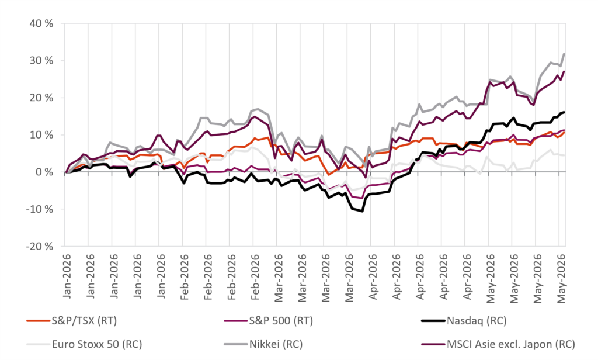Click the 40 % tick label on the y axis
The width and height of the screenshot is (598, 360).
click(x=41, y=24)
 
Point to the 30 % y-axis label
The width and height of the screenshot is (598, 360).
click(x=41, y=61)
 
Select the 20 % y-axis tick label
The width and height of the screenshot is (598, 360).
click(x=41, y=98)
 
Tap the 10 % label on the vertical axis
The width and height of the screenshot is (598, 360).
click(x=41, y=135)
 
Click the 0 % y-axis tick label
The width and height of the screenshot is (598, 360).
click(x=44, y=172)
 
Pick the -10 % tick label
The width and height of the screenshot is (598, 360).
click(x=40, y=209)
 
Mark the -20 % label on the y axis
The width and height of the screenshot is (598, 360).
click(x=40, y=247)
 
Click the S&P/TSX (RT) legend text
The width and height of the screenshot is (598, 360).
click(x=84, y=321)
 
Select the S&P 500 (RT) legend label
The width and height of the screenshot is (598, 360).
click(x=281, y=321)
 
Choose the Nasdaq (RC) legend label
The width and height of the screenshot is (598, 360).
click(x=477, y=321)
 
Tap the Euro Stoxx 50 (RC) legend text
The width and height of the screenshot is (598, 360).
click(x=97, y=344)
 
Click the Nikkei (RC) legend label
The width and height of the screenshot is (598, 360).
click(x=276, y=344)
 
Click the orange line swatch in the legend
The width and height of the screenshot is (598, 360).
click(x=39, y=321)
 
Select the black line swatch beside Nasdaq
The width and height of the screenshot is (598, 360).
click(x=434, y=321)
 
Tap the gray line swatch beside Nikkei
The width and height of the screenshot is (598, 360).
click(x=236, y=344)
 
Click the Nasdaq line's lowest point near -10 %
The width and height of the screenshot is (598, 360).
click(x=362, y=211)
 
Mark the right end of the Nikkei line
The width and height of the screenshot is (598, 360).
click(x=565, y=54)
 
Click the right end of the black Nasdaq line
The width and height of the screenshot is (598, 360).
click(x=565, y=112)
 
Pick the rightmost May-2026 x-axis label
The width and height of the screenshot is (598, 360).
click(x=561, y=279)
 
